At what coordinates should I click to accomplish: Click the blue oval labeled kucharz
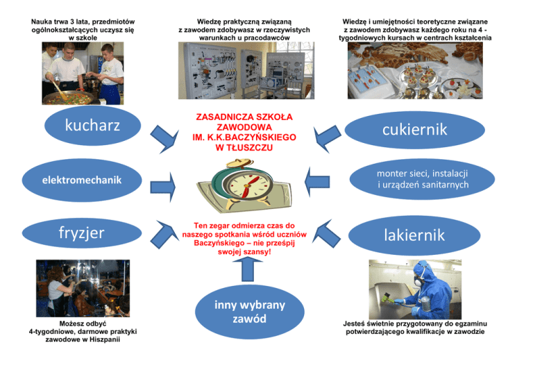point(92,126)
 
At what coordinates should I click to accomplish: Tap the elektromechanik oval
point(81,180)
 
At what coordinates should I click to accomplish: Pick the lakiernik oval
point(415,235)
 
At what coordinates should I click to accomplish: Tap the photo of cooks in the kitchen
point(83,72)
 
